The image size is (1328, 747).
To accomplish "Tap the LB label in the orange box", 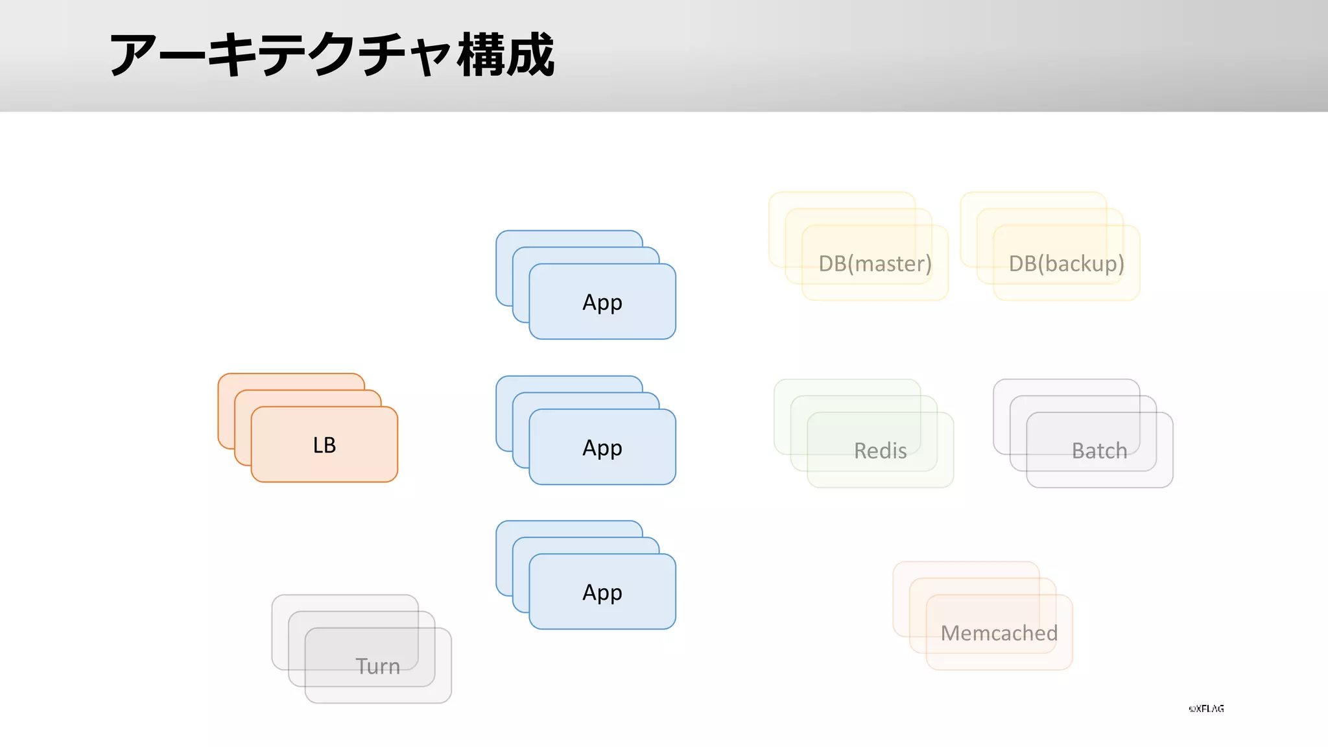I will pos(324,445).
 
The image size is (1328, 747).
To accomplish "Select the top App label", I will pos(602,302).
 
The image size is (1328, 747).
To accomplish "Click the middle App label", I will pos(602,447).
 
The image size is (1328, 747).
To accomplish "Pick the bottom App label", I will pos(602,592).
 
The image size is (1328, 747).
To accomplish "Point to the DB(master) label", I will pos(875,263).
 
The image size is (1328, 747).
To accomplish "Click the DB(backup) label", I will pos(1066,263).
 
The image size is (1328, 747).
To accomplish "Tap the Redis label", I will pos(880,451).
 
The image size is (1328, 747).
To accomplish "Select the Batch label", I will pos(1099,451).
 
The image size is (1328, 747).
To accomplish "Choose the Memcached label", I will pos(999,633).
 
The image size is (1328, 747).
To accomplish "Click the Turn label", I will pos(377,666).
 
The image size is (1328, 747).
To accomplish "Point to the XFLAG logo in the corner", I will pos(1206,709).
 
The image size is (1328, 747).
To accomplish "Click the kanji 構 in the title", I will pos(481,55).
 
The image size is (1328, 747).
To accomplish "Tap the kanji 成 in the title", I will pos(530,55).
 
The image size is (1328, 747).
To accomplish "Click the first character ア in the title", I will pos(134,55).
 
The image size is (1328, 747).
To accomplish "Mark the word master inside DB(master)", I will pos(892,264).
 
